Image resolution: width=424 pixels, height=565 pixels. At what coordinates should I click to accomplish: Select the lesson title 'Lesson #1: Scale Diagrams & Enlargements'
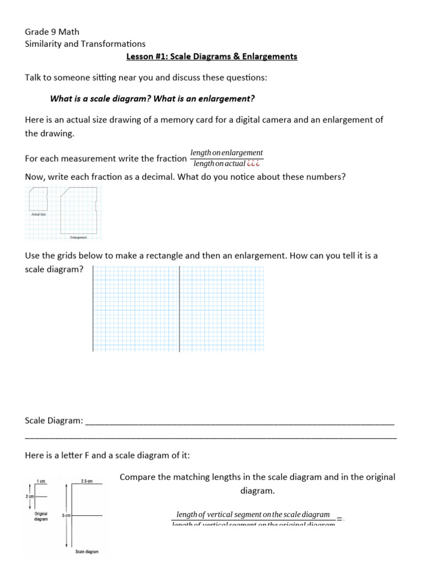coord(212,56)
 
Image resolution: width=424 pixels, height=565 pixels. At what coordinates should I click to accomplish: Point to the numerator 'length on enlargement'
coord(226,152)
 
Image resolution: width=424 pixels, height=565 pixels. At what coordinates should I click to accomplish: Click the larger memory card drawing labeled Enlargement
coord(81,210)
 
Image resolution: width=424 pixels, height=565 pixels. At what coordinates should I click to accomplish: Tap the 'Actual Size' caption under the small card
coord(38,214)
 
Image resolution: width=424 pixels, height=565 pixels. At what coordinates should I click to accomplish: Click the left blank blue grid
coord(136,308)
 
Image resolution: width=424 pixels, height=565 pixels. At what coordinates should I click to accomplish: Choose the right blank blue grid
coord(222,308)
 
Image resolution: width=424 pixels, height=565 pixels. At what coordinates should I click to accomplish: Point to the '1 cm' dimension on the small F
coord(40,481)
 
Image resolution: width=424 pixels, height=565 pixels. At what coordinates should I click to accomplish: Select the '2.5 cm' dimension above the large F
coord(87,481)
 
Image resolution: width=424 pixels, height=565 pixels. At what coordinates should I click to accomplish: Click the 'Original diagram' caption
coord(41,516)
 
